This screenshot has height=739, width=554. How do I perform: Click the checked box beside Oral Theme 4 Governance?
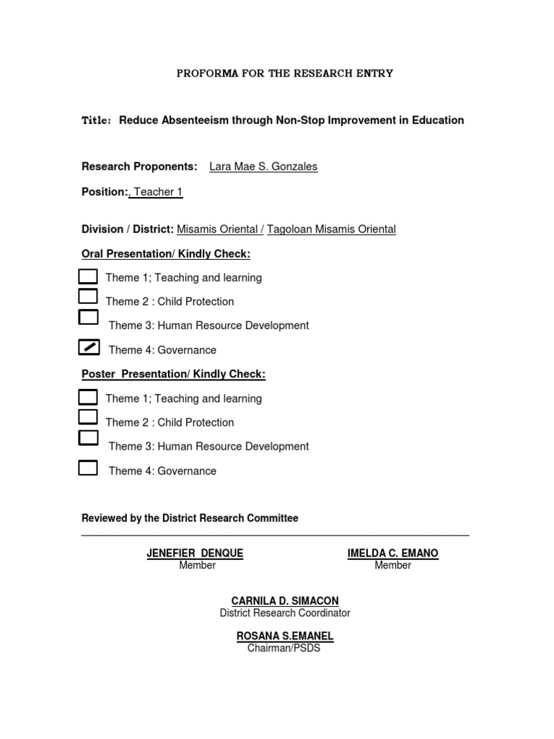(88, 348)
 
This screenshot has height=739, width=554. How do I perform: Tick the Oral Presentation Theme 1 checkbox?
(88, 276)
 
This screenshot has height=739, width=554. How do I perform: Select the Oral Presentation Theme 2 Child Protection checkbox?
(88, 296)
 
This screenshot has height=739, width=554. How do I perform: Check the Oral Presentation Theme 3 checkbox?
(88, 317)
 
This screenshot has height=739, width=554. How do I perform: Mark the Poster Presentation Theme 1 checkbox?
(88, 396)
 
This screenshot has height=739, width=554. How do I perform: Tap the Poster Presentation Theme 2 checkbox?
(88, 416)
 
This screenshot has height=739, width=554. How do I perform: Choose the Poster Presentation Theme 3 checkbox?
(88, 437)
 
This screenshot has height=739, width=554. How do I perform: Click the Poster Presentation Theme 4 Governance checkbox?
(88, 468)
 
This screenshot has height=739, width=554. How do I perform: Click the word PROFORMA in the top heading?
(205, 74)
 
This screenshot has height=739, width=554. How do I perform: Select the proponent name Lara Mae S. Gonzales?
(263, 167)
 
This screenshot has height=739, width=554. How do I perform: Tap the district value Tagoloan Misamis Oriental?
(331, 229)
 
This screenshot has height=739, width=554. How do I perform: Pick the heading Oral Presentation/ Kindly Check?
(166, 254)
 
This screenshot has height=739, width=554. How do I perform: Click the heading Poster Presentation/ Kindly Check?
(173, 375)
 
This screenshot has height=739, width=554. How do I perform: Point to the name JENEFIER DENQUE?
(195, 554)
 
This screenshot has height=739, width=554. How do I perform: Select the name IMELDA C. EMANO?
(392, 554)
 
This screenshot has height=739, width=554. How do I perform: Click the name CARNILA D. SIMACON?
(284, 601)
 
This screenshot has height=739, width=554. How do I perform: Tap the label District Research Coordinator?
(284, 613)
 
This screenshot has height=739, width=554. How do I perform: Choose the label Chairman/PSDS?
(283, 648)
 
